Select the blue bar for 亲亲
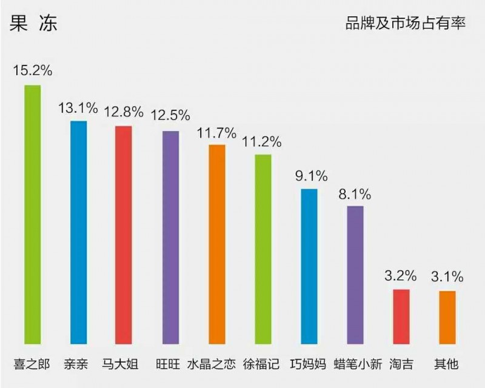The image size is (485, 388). pos(78,232)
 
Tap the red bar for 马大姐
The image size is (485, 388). pos(124,235)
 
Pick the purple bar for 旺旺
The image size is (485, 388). pos(171,237)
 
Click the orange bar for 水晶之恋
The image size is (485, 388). pos(217,244)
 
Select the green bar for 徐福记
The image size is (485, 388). pos(263,249)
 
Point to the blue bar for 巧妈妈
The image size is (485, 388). pos(309,266)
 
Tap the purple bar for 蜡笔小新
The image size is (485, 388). pos(355,275)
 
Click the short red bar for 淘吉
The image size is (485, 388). pos(401,316)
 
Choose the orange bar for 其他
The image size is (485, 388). pos(447,317)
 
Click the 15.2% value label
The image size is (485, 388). pos(33,70)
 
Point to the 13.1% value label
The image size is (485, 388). pos(78,108)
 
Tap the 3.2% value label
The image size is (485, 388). pos(401,276)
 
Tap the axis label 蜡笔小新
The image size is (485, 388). pos(358,365)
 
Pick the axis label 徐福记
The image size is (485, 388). pos(261,365)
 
